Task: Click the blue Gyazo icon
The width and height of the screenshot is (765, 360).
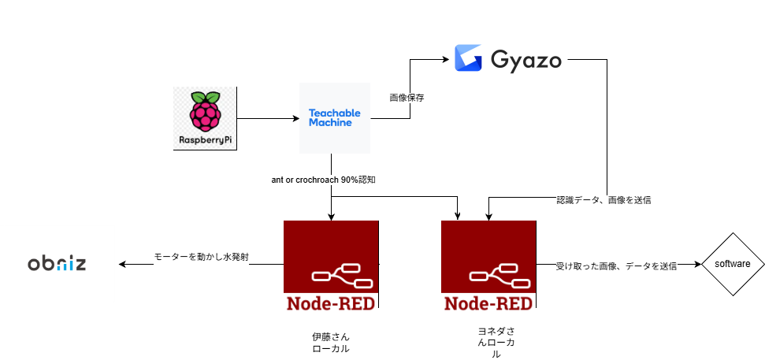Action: pos(468,59)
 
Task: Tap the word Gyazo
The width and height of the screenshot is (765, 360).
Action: pos(525,60)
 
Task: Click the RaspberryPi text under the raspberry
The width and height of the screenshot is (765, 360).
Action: pos(205,142)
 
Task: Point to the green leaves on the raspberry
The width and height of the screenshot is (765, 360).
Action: pos(205,96)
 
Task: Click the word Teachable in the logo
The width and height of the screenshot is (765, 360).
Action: pos(334,113)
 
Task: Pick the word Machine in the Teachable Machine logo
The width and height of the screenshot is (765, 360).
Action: pos(331,123)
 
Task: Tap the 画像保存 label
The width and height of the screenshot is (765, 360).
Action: pos(407,98)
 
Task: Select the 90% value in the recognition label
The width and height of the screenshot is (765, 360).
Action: pos(350,180)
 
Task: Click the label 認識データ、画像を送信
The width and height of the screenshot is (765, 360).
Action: pos(603,200)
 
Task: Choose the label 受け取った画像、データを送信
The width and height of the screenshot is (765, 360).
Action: pos(616,266)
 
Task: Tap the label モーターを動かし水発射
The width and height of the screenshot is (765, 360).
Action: pos(201,258)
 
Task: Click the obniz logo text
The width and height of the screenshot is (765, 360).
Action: pos(57,263)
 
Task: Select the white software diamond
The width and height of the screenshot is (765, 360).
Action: pos(733,264)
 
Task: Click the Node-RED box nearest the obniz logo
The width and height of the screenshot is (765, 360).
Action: pos(331,268)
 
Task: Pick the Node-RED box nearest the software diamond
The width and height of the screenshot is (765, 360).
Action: pos(488,268)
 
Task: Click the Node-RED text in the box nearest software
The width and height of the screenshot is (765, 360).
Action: pos(488,303)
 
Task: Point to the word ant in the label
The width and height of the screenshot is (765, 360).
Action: pos(277,180)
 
